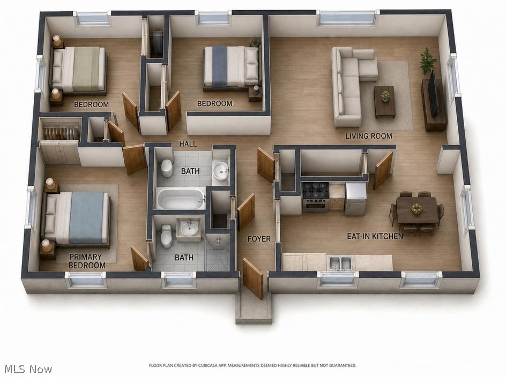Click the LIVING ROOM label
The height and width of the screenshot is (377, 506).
[x=369, y=136]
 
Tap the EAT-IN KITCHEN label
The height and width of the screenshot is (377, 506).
[x=375, y=236]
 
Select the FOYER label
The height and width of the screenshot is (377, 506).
[x=259, y=239]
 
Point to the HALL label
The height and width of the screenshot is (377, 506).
[x=188, y=144]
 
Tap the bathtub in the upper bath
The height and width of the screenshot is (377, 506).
[x=181, y=199]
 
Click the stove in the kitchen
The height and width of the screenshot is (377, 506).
[x=316, y=197]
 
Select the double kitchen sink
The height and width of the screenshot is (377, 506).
[x=341, y=263]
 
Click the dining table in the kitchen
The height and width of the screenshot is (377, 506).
[x=416, y=209]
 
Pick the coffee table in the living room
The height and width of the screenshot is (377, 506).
[x=385, y=102]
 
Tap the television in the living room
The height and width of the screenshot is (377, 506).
[x=434, y=93]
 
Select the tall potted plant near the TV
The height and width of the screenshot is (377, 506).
[x=428, y=61]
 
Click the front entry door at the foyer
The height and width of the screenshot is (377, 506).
[x=252, y=278]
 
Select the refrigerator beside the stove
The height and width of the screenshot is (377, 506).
[x=356, y=199]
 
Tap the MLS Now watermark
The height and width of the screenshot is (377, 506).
[x=28, y=370]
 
